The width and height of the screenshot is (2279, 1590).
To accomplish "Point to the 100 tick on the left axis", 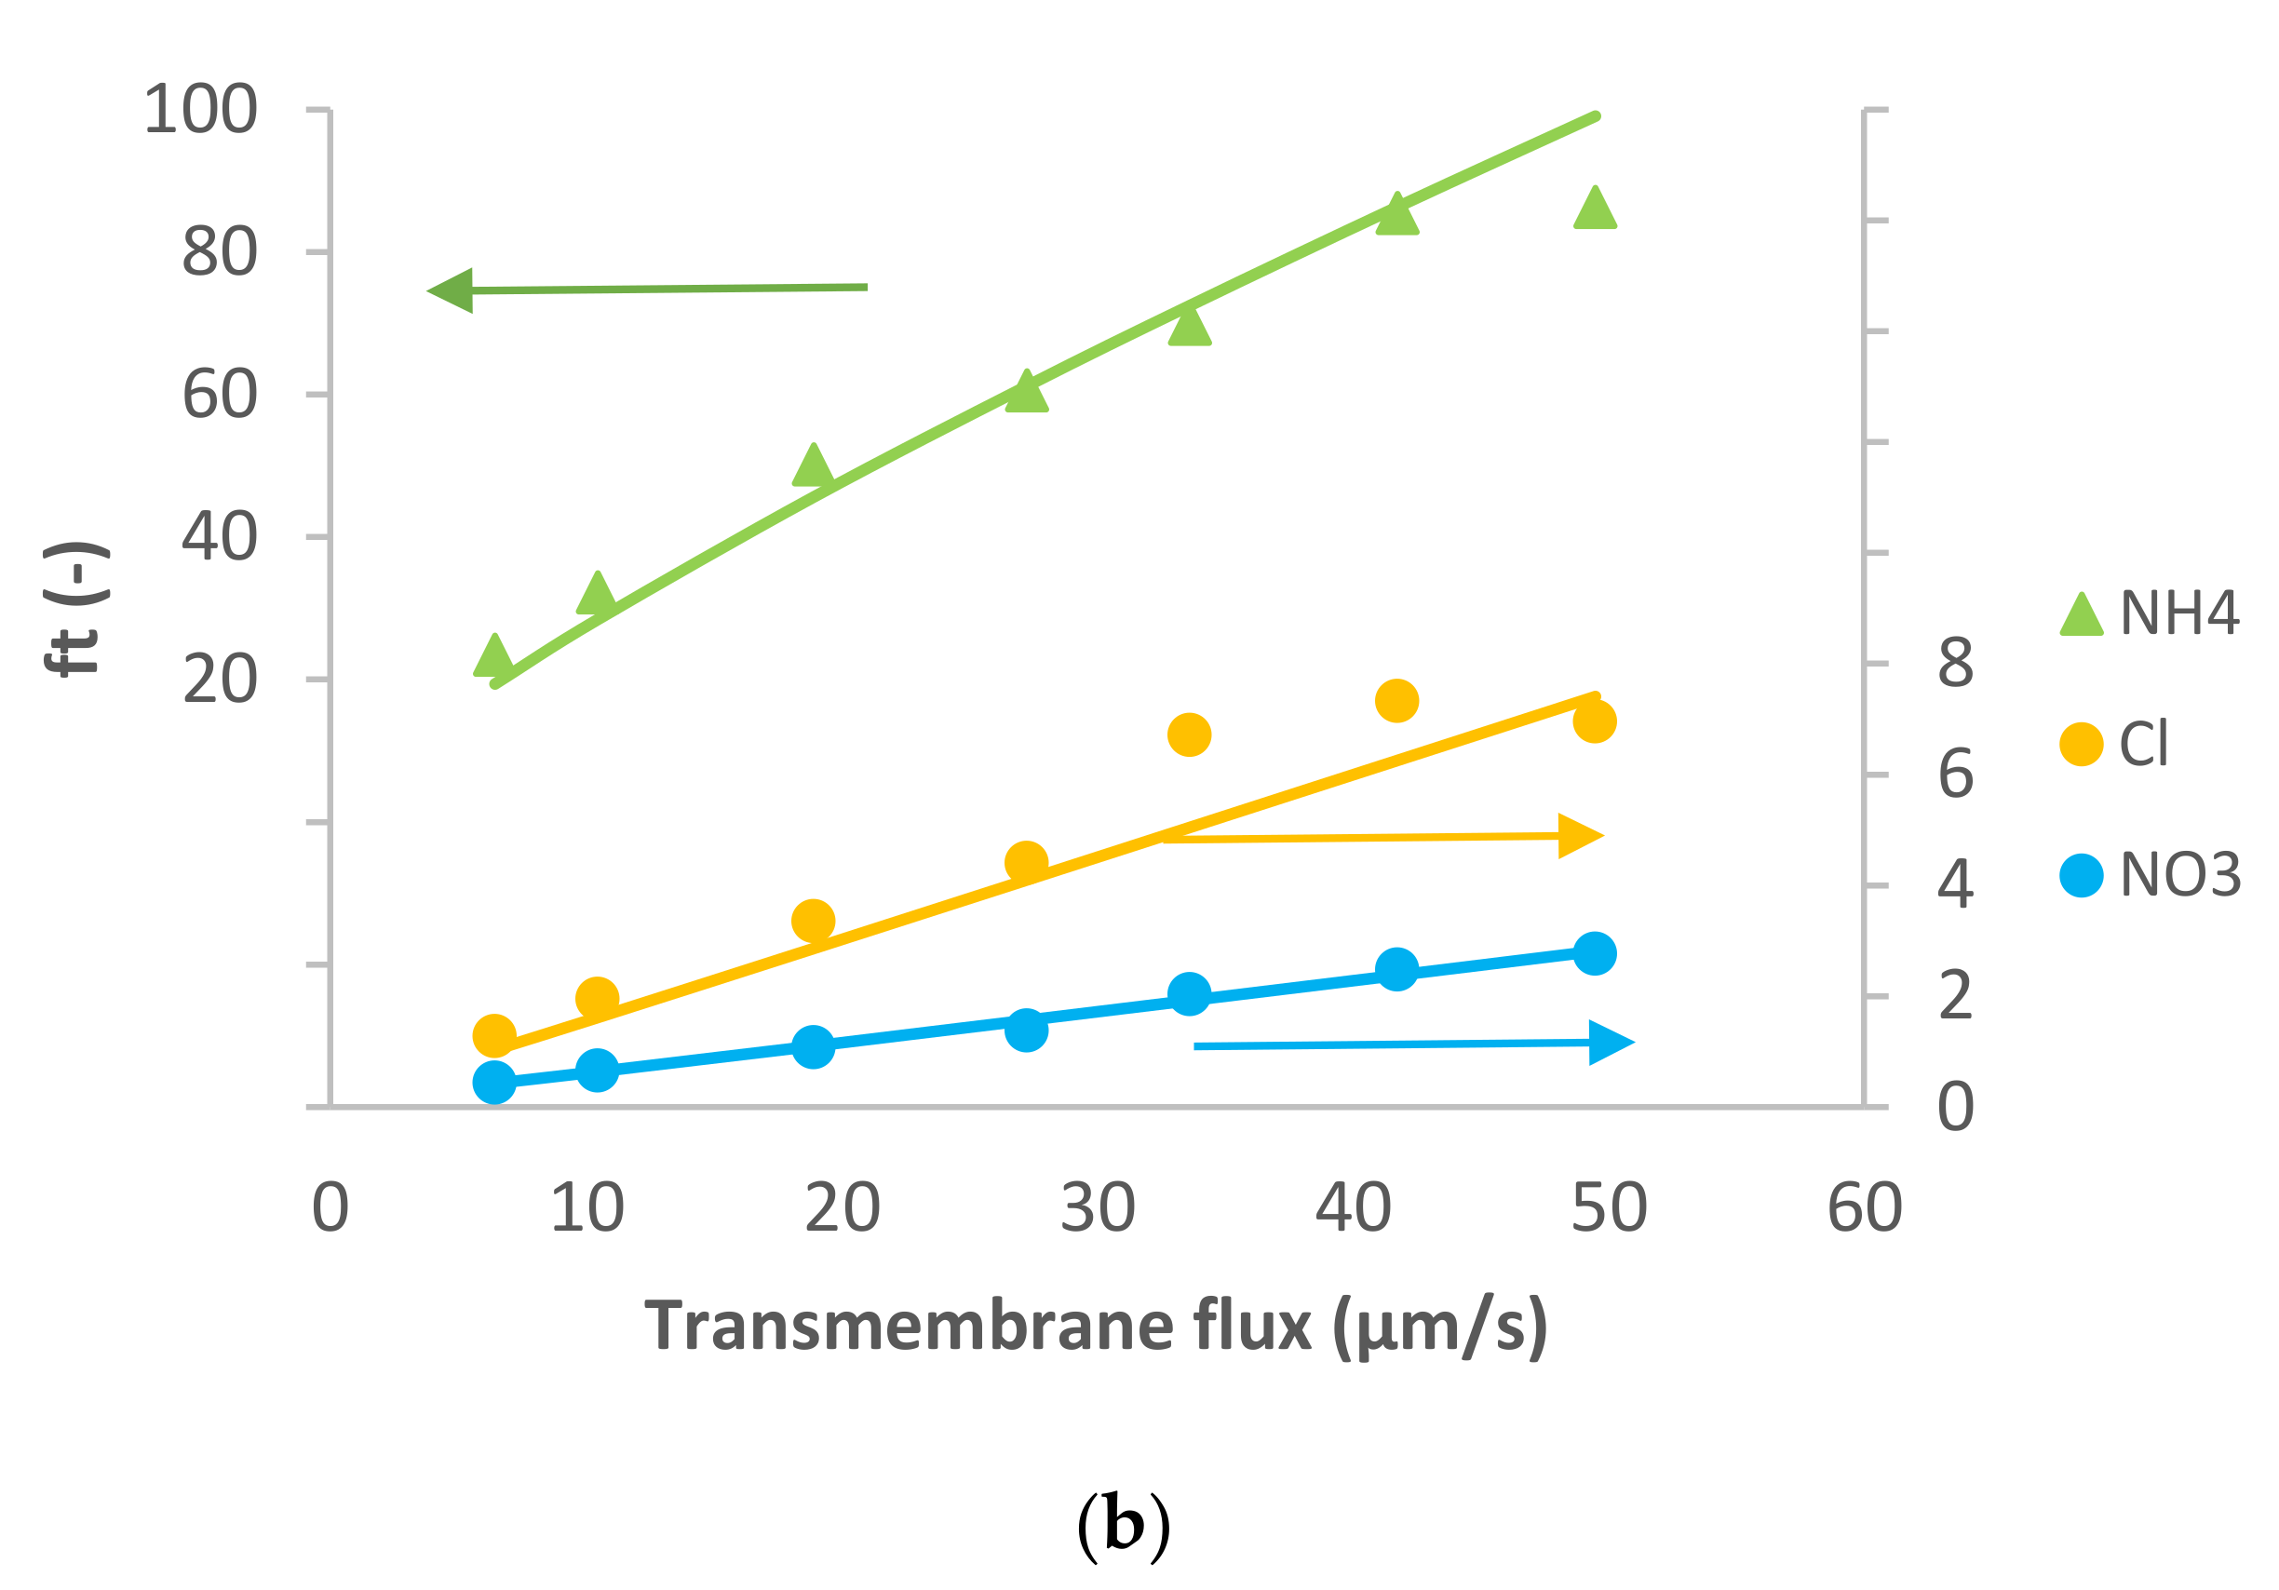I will tap(200, 109).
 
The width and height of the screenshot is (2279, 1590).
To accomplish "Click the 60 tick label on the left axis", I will tap(220, 395).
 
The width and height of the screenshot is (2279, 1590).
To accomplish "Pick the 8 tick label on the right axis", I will tap(1955, 663).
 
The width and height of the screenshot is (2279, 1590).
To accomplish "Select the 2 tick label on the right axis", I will tap(1955, 996).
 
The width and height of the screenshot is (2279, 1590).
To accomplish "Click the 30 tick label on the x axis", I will tap(1098, 1208).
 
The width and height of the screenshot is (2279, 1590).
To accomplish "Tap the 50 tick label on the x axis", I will tap(1609, 1208).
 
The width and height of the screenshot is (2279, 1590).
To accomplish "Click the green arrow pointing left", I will tap(645, 290).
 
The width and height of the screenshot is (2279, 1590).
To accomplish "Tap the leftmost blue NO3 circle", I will tap(494, 1082).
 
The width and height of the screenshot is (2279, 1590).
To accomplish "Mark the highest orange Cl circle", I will tap(1396, 701).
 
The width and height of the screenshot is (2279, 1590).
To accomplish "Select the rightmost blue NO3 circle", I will tap(1595, 954).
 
